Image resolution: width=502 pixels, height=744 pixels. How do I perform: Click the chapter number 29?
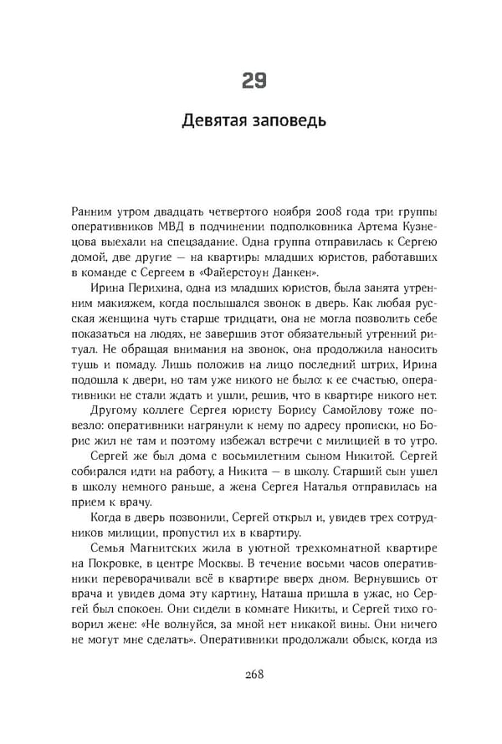254,80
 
